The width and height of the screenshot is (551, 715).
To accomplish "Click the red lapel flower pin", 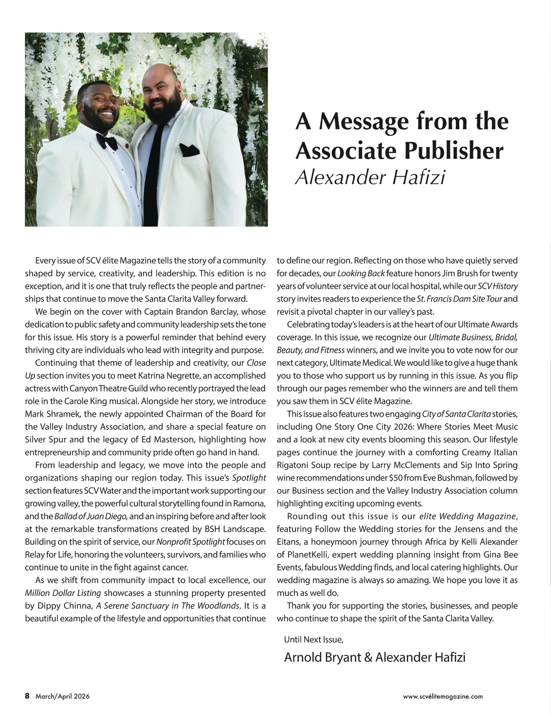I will click(125, 147).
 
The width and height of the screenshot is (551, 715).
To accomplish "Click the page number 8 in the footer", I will click(27, 696).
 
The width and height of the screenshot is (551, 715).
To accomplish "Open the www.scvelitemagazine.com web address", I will click(443, 696).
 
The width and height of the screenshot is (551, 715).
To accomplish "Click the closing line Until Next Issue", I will click(314, 639).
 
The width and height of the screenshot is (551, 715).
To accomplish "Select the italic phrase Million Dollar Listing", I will click(62, 593).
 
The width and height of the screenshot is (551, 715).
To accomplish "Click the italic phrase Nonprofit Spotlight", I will click(191, 542).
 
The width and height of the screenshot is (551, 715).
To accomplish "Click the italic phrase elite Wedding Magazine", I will click(468, 516).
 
